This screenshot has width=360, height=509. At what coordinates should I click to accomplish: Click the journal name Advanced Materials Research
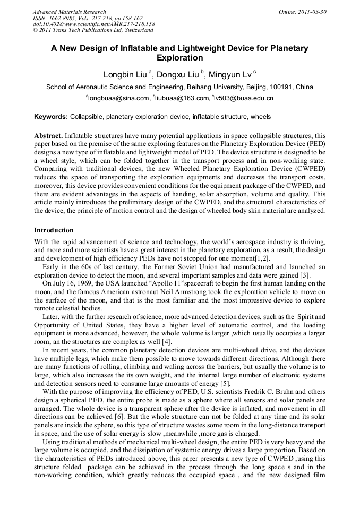(69, 12)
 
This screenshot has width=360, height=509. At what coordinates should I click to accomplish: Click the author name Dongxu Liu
(177, 75)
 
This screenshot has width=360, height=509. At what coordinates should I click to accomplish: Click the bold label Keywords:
(51, 117)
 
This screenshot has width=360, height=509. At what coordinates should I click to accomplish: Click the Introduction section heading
(54, 230)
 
